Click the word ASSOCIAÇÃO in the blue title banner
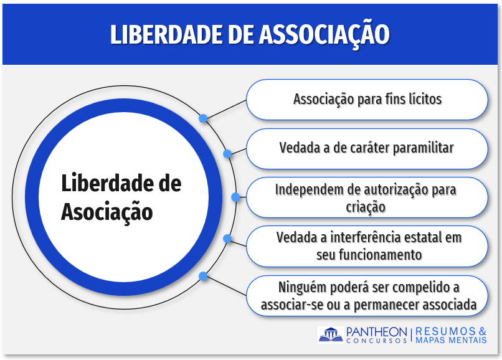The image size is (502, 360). (x=324, y=34)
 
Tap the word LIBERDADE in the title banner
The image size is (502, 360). (x=166, y=34)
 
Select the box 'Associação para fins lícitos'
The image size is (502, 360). (x=367, y=100)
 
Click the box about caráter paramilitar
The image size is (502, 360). (x=367, y=149)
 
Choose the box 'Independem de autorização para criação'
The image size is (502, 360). (x=367, y=197)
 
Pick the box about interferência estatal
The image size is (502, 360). (x=367, y=246)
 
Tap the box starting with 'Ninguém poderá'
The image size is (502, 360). (x=367, y=296)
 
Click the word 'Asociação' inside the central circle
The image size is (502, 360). (x=107, y=212)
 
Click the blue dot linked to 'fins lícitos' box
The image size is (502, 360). (x=203, y=118)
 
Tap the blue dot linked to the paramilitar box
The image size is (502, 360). (x=227, y=154)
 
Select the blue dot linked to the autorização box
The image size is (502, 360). (x=235, y=197)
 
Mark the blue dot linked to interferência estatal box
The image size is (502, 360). (x=227, y=239)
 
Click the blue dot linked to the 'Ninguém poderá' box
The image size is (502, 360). (x=203, y=276)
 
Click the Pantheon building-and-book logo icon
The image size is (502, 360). (x=331, y=334)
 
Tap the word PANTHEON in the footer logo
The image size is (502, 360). (x=377, y=332)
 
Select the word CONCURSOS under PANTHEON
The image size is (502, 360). (x=377, y=341)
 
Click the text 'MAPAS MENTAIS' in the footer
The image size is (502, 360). (x=451, y=340)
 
